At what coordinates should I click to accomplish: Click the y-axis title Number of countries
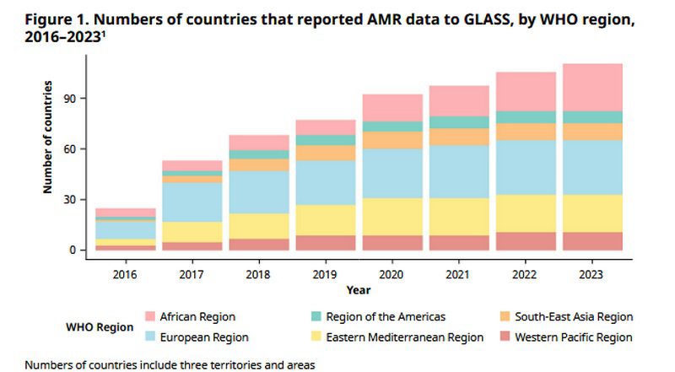(x=48, y=137)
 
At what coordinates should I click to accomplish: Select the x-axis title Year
(x=358, y=290)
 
